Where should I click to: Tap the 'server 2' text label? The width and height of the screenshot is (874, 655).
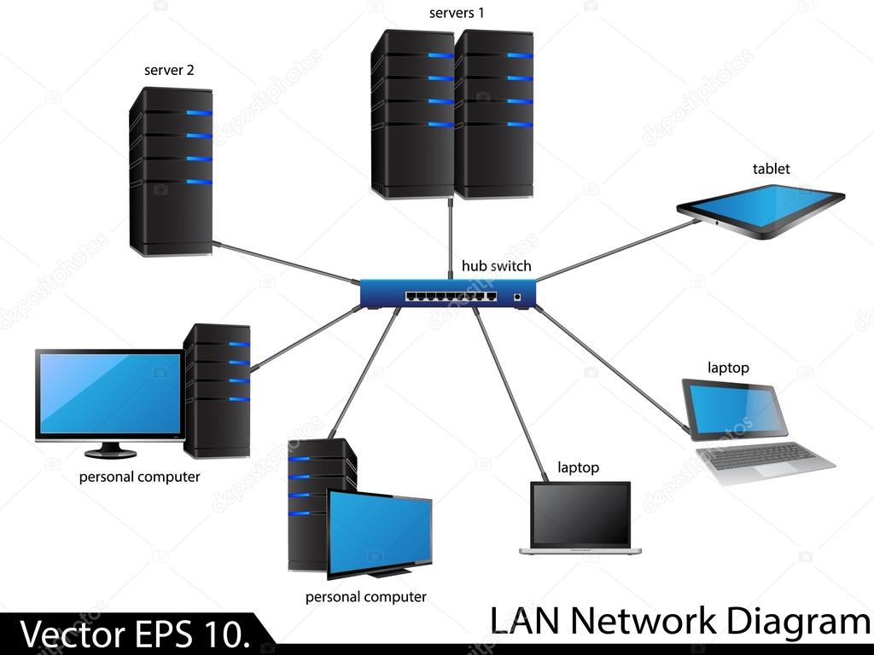pos(169,70)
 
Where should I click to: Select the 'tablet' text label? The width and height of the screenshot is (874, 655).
pos(771,169)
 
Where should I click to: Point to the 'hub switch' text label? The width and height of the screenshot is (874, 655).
pos(496,266)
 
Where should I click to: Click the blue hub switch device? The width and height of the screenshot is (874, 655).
pos(449,293)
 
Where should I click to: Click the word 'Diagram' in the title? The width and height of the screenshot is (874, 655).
pos(797,621)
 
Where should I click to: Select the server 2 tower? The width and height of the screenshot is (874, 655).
pos(171,171)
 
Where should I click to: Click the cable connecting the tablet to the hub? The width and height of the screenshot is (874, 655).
pos(615,251)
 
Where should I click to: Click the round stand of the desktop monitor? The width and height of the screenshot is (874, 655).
pos(110,449)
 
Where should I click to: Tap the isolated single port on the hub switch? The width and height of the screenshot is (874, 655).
pos(517,297)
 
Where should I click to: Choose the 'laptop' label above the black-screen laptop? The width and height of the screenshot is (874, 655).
pos(578,467)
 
